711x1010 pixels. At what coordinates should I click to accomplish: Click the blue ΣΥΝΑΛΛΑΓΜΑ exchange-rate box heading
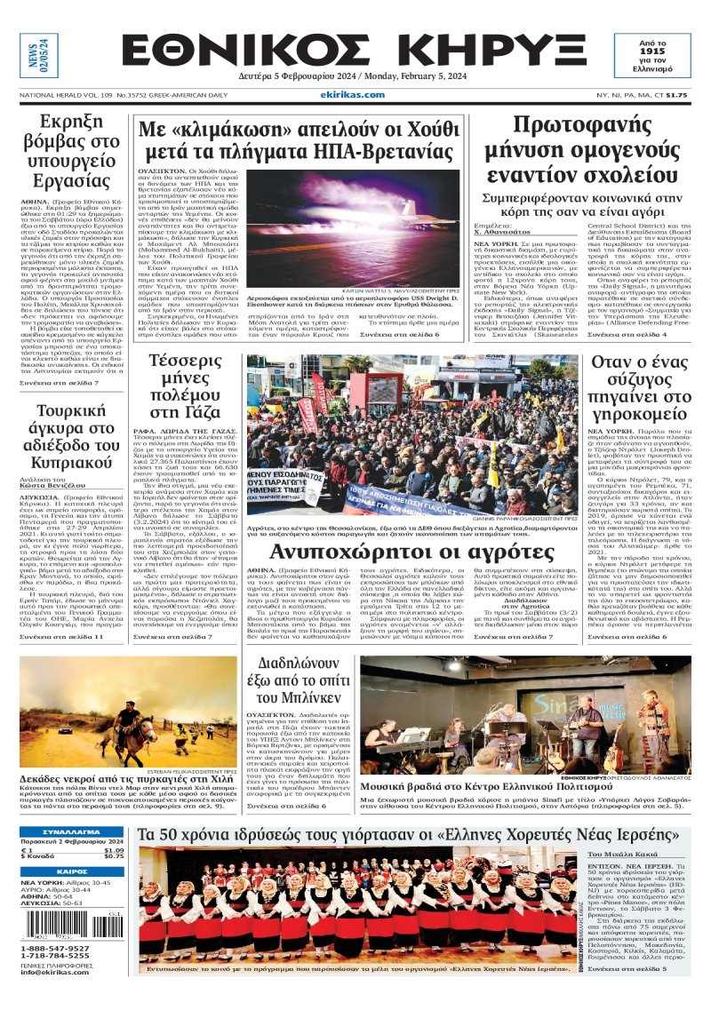[x=73, y=831]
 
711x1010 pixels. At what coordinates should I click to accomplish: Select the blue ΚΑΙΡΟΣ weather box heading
[x=73, y=872]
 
